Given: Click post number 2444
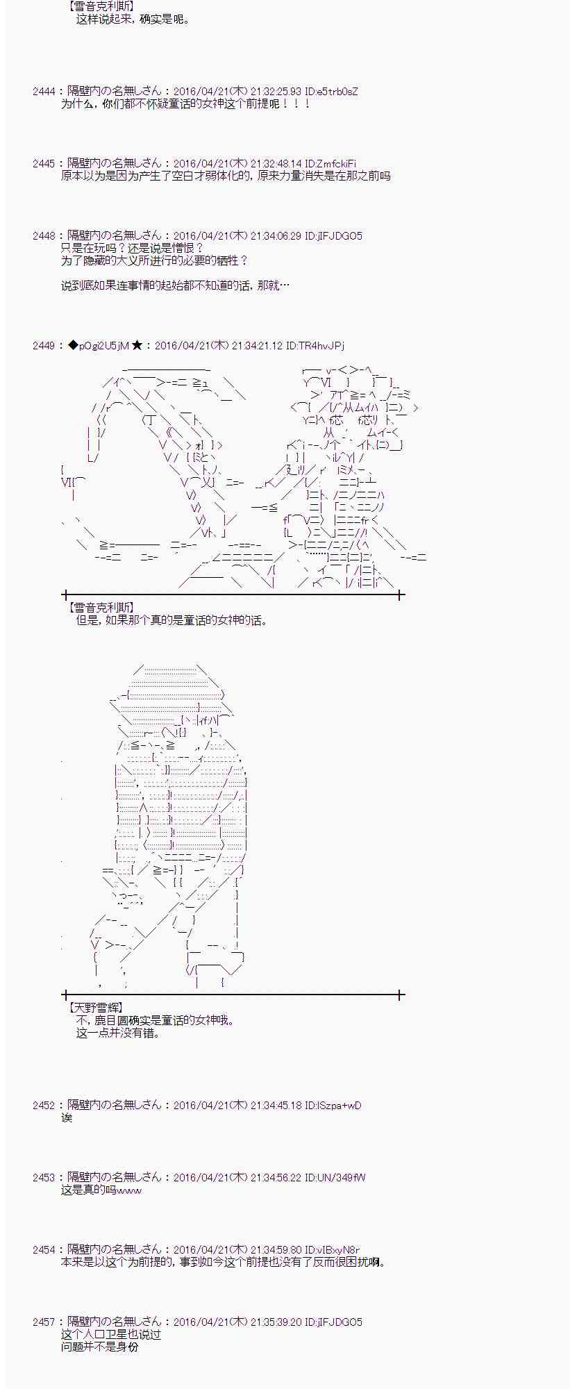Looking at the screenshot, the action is (44, 92).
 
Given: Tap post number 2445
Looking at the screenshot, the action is (44, 164).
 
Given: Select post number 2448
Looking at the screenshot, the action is (44, 236).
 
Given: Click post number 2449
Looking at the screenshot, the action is (44, 345).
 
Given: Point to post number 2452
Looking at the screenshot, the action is (44, 1105).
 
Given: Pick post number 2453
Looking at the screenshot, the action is (44, 1177).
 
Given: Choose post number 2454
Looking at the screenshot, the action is (44, 1249).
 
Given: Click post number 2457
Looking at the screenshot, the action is (44, 1322).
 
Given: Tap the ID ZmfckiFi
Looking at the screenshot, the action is (335, 164).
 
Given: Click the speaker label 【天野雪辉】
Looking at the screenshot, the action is (94, 1007).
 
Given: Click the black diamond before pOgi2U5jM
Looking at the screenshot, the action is (73, 345).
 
